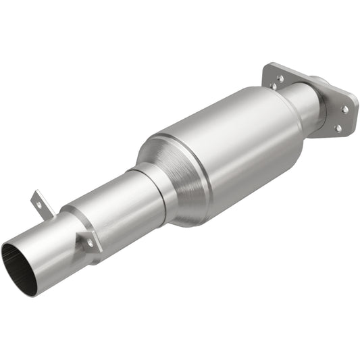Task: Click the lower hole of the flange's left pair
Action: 274,87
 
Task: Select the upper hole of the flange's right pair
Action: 344,108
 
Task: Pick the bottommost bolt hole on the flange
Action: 337,127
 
